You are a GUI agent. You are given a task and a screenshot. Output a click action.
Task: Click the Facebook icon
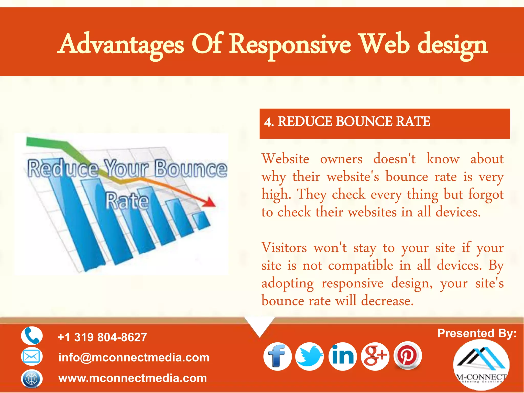click(277, 356)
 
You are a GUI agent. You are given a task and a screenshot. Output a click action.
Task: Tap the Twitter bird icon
click(310, 356)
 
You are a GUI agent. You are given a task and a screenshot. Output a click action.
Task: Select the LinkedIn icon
click(343, 356)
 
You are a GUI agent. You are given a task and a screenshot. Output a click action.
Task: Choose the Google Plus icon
click(375, 356)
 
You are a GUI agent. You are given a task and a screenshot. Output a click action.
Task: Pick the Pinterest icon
click(407, 355)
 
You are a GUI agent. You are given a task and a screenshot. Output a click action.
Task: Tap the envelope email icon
click(32, 356)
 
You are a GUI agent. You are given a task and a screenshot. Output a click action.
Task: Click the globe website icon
click(32, 378)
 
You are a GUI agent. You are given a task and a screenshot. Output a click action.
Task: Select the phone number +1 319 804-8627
click(102, 337)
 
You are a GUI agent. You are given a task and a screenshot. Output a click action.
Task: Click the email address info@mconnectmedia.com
click(134, 357)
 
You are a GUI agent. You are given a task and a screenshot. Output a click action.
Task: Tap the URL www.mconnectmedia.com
click(133, 378)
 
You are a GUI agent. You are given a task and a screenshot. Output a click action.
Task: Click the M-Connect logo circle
click(481, 365)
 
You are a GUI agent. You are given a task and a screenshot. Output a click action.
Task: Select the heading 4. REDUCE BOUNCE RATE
click(347, 122)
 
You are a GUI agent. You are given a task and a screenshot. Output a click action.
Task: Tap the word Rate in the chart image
click(127, 201)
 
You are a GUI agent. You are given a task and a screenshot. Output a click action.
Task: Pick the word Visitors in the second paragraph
click(284, 248)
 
